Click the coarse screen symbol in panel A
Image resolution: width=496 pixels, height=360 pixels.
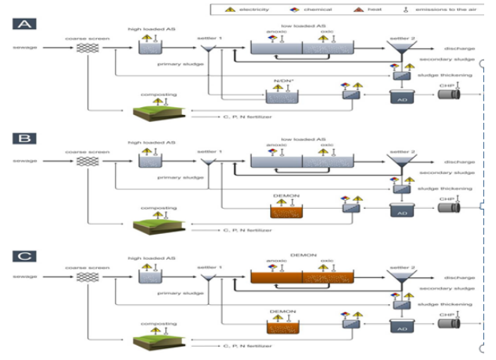click(86, 48)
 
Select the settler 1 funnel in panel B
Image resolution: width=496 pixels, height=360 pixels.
click(209, 164)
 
